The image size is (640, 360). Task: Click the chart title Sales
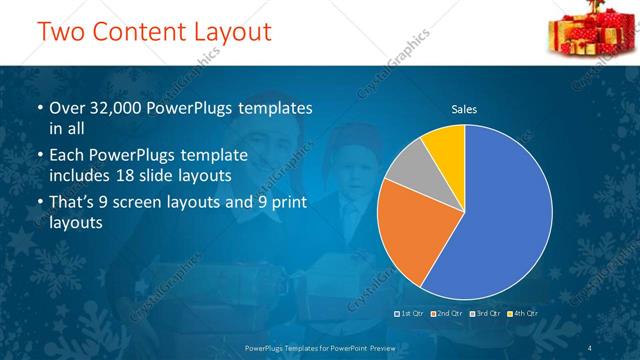tap(463, 108)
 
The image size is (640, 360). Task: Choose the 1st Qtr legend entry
tap(411, 315)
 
